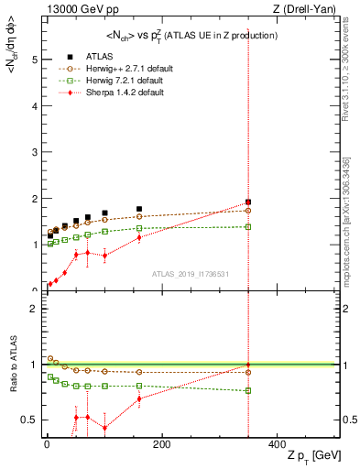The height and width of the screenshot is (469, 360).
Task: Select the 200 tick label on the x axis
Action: click(x=161, y=444)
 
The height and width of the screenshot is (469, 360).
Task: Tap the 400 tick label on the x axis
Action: click(x=276, y=444)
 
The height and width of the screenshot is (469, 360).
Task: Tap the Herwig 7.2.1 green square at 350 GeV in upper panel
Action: click(x=247, y=226)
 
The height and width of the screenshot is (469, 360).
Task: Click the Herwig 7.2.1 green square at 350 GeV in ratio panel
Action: click(x=247, y=390)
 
